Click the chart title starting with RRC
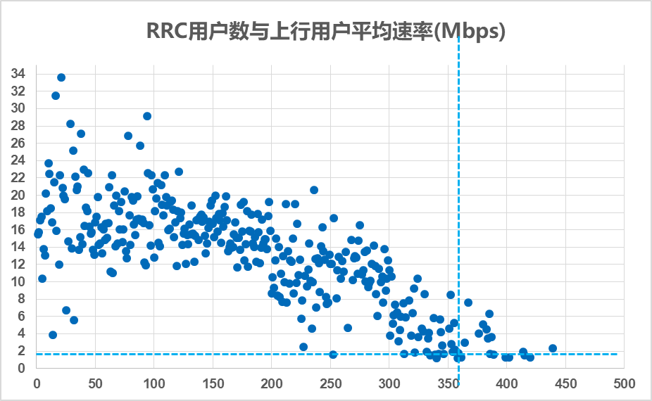coord(325,32)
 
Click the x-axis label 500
coord(623,384)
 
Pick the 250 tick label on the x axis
coord(330,384)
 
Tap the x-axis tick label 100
coord(153,384)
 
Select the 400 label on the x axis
coord(506,384)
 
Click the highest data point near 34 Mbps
coord(61,77)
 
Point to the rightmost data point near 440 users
coord(553,348)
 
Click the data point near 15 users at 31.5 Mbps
coord(56,96)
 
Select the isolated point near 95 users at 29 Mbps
coord(147,116)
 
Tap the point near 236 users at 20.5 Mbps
coord(314,190)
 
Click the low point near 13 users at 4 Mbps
coord(53,335)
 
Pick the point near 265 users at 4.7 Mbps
coord(348,328)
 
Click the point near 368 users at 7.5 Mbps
coord(468,303)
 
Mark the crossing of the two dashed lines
coord(459,354)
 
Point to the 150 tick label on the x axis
coord(213,384)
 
